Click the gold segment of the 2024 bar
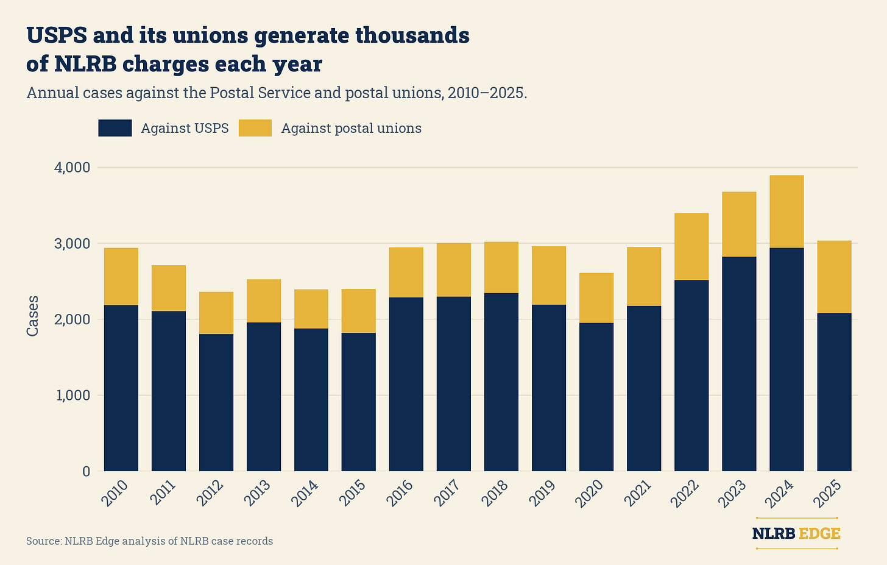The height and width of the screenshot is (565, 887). (786, 211)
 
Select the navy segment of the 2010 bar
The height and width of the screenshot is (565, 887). (121, 388)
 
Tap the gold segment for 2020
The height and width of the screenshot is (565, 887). (596, 298)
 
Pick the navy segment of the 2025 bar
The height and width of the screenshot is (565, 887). (835, 393)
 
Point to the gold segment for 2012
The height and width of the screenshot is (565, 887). (216, 313)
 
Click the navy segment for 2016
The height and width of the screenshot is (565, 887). (406, 385)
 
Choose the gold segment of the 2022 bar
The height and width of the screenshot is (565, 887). (691, 247)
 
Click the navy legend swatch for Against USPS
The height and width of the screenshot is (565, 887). (115, 128)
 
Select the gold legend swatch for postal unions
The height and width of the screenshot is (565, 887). (255, 128)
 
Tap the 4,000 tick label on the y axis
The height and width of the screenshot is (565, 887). (72, 167)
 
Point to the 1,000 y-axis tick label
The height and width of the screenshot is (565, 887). (73, 396)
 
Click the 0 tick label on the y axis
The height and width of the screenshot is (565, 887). (87, 472)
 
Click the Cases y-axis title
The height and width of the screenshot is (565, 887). (32, 316)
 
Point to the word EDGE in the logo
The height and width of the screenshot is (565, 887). (819, 533)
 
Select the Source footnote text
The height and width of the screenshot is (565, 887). (150, 541)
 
